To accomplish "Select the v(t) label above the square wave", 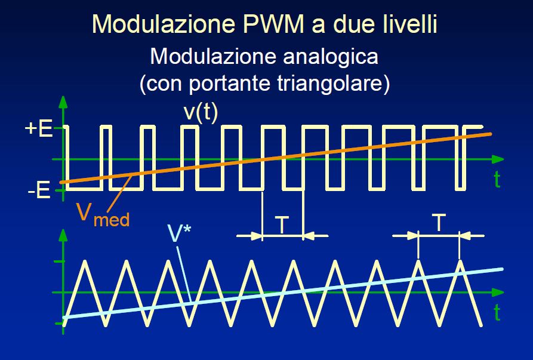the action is click(200, 112).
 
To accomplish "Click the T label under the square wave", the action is click(282, 225).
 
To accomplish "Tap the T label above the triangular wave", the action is click(439, 223).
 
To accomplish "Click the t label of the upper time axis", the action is click(497, 179).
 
